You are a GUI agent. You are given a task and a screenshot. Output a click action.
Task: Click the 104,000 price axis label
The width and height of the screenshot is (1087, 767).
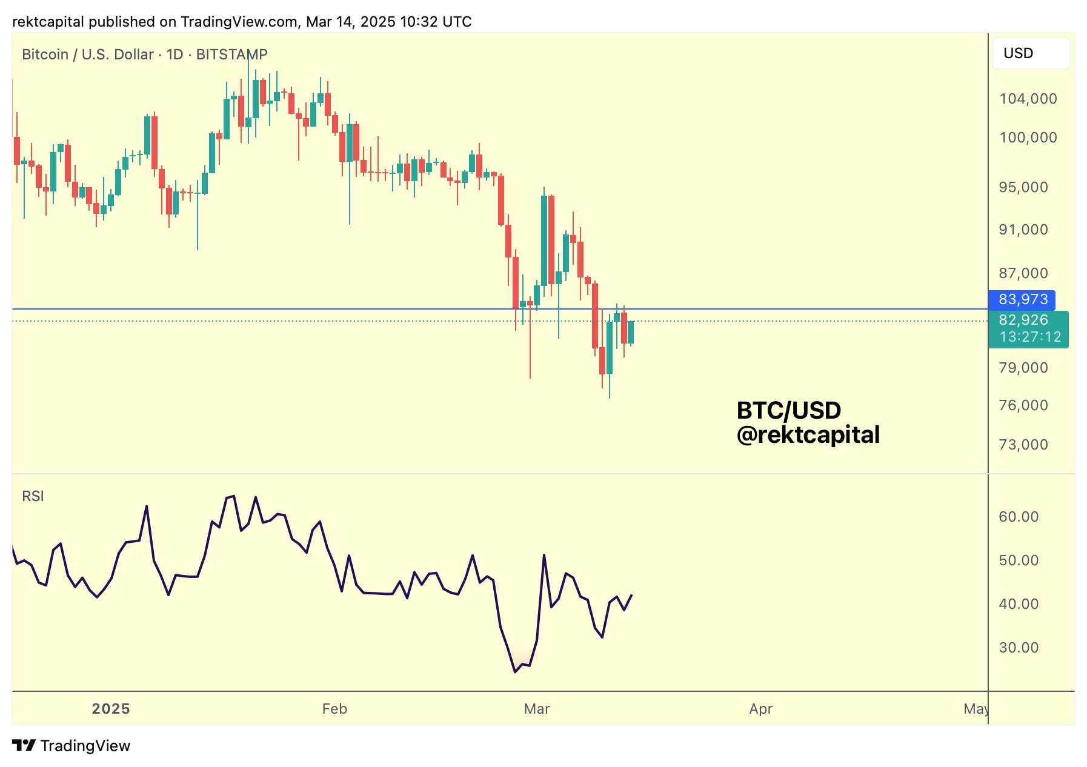(x=1028, y=99)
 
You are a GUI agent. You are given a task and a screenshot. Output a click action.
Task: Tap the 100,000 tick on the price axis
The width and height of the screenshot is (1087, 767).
(x=1028, y=138)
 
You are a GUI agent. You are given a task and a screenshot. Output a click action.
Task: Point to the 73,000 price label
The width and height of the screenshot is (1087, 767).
(x=1023, y=445)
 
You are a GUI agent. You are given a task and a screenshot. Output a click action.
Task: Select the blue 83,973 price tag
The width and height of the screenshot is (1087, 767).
(x=1023, y=299)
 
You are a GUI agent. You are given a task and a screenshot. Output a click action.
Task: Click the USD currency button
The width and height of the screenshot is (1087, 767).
(x=1029, y=53)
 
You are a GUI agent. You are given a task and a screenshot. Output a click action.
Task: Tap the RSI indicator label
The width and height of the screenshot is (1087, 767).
(x=33, y=496)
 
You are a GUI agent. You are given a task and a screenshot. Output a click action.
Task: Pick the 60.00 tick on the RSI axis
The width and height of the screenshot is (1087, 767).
(x=1019, y=517)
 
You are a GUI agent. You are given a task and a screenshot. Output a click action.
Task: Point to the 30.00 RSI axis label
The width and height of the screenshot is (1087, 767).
(x=1019, y=648)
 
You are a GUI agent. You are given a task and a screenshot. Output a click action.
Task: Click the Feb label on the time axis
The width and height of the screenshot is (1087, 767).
(x=334, y=709)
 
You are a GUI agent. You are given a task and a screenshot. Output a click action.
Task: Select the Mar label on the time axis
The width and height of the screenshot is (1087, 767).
(x=537, y=709)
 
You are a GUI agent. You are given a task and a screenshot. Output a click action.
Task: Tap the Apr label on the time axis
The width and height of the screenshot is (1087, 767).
(x=760, y=709)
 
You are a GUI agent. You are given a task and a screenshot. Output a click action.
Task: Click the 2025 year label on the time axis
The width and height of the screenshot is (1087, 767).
(x=111, y=709)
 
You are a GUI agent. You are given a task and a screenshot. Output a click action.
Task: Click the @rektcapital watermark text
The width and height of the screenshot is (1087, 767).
(x=808, y=435)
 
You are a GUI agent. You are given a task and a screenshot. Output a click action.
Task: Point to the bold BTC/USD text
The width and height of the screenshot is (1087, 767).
(x=788, y=411)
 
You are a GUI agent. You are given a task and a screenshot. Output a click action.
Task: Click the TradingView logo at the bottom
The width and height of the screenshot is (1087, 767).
(x=71, y=746)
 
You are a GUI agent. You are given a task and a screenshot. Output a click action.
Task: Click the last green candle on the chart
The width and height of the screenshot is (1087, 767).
(x=631, y=332)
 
